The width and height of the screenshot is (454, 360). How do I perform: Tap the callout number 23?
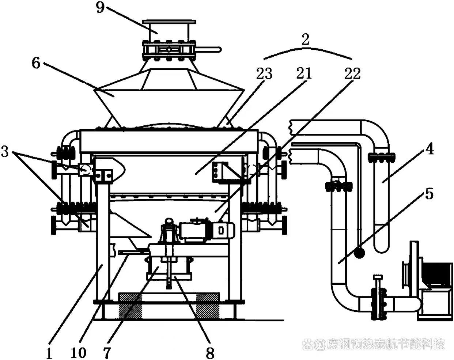pos(264,74)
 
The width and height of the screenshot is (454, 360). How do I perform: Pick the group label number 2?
pos(305,39)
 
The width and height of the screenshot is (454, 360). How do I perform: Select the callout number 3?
pos(5,152)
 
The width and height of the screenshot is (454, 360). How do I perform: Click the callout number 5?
pos(429,193)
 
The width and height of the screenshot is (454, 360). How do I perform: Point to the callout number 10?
pos(79,352)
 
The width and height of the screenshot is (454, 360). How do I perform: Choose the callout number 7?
pos(107,352)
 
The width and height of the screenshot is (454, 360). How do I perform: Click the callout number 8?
pos(210,352)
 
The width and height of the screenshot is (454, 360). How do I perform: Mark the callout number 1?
pos(49,352)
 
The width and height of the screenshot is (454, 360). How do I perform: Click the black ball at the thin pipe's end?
pos(359,253)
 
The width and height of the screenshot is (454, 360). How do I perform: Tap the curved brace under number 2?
pos(308,52)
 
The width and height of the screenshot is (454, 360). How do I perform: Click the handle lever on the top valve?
pos(208,50)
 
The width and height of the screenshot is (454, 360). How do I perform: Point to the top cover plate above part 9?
pos(169,22)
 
